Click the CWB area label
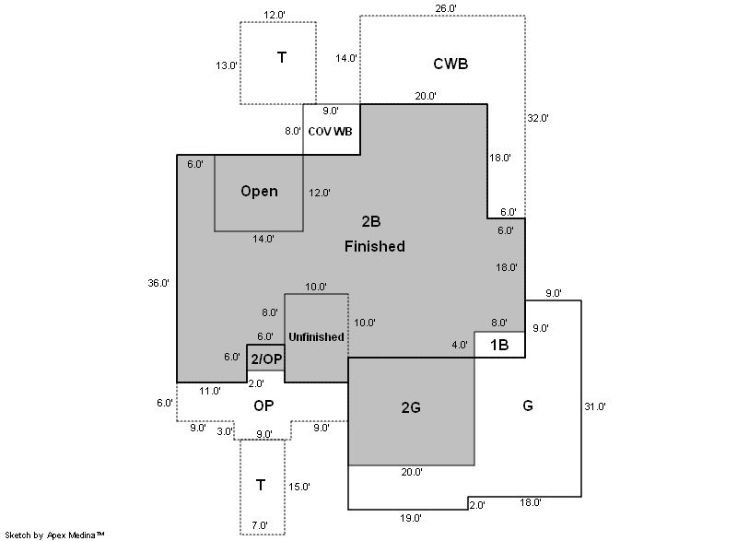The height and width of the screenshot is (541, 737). pos(450,64)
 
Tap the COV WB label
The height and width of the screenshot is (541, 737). pos(330,131)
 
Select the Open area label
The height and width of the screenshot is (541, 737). pos(259,191)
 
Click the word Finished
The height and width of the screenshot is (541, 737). pos(375,246)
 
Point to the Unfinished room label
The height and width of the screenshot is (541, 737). pos(316,336)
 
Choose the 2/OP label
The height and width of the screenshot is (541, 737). pos(265,359)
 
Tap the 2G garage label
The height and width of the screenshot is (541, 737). pos(411,406)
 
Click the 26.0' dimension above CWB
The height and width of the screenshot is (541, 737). pos(445,8)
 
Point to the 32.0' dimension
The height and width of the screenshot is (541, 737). pos(538,118)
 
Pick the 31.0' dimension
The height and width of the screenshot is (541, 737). pos(594,406)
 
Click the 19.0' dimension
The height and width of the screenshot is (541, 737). pos(411,518)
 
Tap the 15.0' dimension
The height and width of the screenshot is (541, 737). pos(299,486)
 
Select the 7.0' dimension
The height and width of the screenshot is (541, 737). pos(260,525)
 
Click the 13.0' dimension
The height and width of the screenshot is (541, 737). pos(226,65)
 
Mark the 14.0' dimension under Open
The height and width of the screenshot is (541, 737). pos(263,239)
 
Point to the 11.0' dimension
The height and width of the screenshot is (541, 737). pos(210,391)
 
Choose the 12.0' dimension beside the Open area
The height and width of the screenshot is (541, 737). pos(319,193)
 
